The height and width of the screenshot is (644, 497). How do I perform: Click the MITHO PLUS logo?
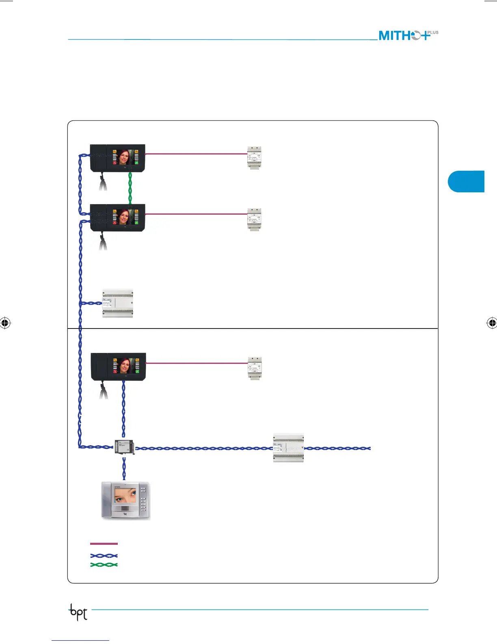click(x=408, y=35)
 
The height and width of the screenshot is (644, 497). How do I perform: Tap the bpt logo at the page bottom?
click(x=78, y=612)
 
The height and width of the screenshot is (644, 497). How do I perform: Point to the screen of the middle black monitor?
click(x=125, y=217)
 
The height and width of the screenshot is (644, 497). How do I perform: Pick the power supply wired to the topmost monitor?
click(x=254, y=157)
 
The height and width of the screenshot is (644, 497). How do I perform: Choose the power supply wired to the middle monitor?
click(x=254, y=220)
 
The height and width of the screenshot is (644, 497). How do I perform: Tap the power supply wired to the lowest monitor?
click(x=255, y=368)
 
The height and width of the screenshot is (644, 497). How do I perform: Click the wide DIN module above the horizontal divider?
click(x=117, y=303)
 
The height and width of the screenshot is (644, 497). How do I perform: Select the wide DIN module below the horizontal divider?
click(x=288, y=448)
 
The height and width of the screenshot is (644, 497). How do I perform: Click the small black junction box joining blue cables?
click(x=124, y=447)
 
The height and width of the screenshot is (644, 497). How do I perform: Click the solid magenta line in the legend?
click(x=104, y=544)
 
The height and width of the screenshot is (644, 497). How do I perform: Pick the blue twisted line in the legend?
click(x=104, y=555)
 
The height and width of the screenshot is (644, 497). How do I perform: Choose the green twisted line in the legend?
click(x=104, y=565)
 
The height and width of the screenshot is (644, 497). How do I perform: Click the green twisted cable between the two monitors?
click(x=130, y=188)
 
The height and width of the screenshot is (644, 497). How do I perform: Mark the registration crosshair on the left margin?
click(x=5, y=323)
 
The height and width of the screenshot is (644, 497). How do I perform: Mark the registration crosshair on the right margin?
click(x=492, y=323)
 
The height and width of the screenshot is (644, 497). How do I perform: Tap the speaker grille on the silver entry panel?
click(x=125, y=509)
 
